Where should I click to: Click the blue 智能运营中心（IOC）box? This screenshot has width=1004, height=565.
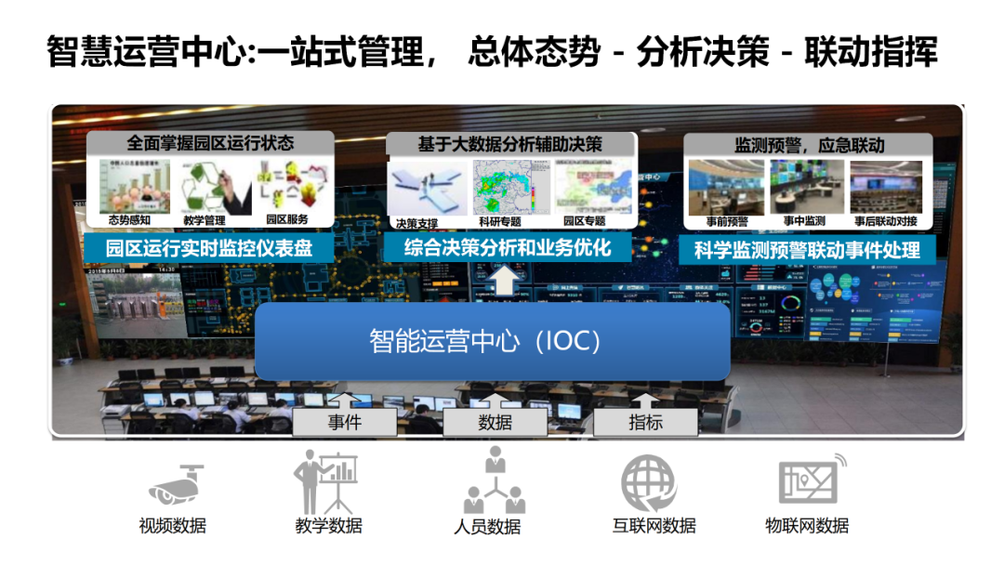(492, 341)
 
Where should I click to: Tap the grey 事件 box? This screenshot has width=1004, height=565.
(343, 423)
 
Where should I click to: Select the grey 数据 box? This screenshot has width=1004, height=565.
(495, 423)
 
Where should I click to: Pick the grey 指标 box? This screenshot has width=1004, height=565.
(645, 423)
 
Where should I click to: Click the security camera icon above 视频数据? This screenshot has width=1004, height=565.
(176, 482)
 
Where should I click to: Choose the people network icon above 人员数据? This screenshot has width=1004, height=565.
(495, 481)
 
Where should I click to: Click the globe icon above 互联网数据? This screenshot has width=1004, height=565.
(649, 482)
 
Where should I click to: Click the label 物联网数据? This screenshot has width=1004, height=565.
(807, 526)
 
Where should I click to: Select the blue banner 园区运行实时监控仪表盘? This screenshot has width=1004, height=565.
(208, 248)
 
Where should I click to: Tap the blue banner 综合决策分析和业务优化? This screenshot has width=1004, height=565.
(509, 247)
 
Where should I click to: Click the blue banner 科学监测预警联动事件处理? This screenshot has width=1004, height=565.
(807, 250)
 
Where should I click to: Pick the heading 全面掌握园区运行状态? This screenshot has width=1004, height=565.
(210, 143)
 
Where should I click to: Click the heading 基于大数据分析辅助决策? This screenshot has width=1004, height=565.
(509, 144)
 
